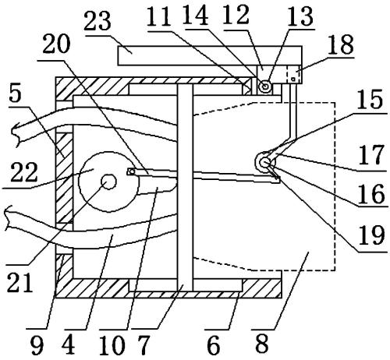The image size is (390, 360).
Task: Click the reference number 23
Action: coord(97,20)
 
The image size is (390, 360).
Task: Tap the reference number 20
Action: coord(56,44)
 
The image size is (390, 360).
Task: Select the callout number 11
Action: coord(159,16)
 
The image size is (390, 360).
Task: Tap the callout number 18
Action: coord(341,44)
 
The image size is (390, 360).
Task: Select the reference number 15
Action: coord(370,100)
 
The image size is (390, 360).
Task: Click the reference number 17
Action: coord(371,155)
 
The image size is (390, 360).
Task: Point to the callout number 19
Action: coord(371,236)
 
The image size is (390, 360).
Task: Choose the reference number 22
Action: coord(24,172)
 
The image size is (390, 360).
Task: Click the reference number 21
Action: coord(20,283)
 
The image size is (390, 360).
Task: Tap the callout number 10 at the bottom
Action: coord(112,345)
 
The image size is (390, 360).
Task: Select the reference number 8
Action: coord(261,344)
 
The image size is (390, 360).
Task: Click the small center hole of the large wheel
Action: coord(109,182)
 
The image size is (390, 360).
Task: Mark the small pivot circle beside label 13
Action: coord(265,86)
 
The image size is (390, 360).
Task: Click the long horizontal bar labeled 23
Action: coord(210,55)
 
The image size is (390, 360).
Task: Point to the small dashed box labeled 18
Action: coord(294,74)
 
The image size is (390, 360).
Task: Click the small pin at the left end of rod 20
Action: coord(132,171)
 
